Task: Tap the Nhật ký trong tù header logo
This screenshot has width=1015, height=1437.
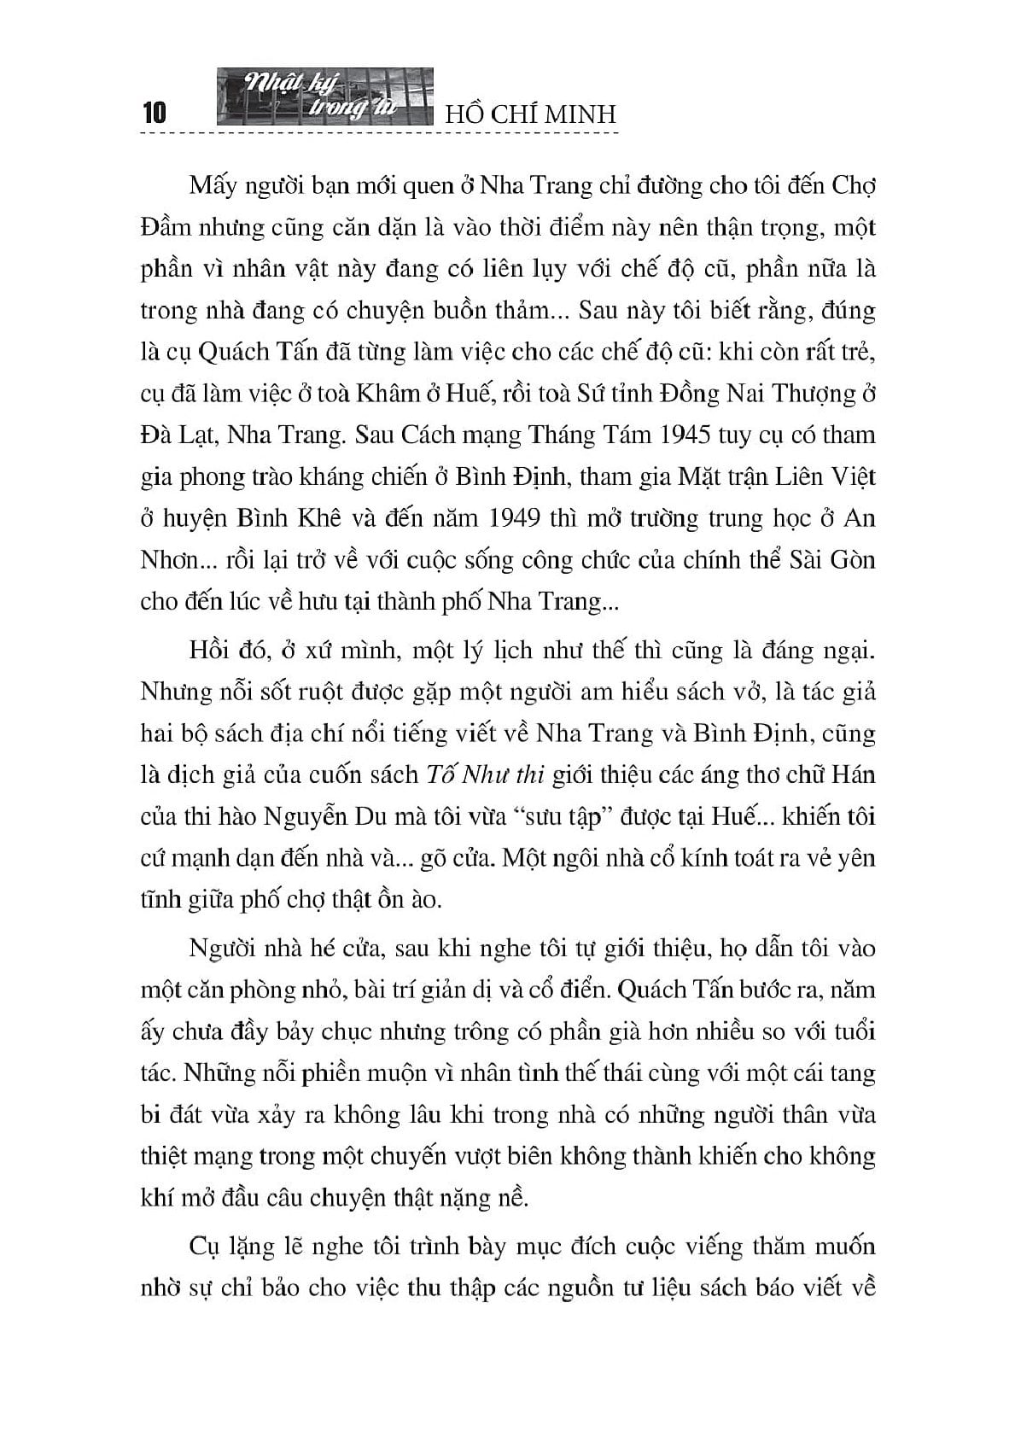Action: point(325,101)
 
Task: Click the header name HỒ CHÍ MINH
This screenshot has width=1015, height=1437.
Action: point(531,114)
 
